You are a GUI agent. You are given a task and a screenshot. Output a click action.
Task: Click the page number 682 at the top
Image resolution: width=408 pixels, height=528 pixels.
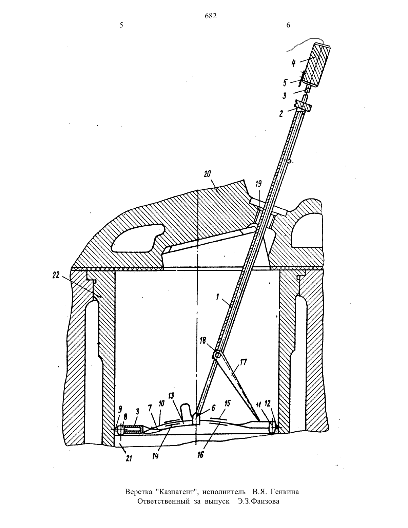click(211, 16)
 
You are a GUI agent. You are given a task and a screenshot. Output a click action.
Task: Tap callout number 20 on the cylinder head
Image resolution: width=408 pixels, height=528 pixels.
click(208, 174)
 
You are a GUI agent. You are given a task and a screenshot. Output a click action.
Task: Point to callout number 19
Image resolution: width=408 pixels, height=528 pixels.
click(258, 184)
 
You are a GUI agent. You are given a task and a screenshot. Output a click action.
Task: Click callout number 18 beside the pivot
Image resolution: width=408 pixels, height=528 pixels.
click(202, 341)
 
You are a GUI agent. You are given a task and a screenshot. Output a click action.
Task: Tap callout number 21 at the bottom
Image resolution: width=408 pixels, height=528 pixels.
click(129, 458)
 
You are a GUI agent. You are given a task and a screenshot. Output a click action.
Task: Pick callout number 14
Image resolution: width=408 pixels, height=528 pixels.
click(155, 456)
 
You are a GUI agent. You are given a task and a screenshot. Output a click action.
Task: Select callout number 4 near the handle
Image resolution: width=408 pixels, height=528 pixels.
click(293, 63)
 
